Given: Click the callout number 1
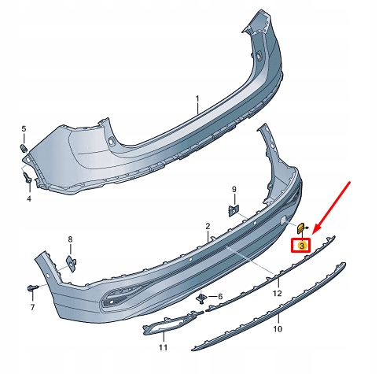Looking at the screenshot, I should [x=197, y=100].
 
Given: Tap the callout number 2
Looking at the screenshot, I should [x=208, y=226].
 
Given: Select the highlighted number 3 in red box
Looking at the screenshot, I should [x=301, y=244].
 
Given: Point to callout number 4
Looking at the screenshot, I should [x=28, y=198].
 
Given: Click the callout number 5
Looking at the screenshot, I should [x=24, y=128].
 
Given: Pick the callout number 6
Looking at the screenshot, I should [x=220, y=297].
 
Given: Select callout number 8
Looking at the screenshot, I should [x=69, y=239].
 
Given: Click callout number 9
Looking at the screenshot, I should [x=234, y=189].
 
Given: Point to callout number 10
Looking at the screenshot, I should [x=277, y=328].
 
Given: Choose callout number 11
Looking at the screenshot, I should [x=163, y=346].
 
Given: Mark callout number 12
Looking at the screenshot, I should [x=276, y=293].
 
